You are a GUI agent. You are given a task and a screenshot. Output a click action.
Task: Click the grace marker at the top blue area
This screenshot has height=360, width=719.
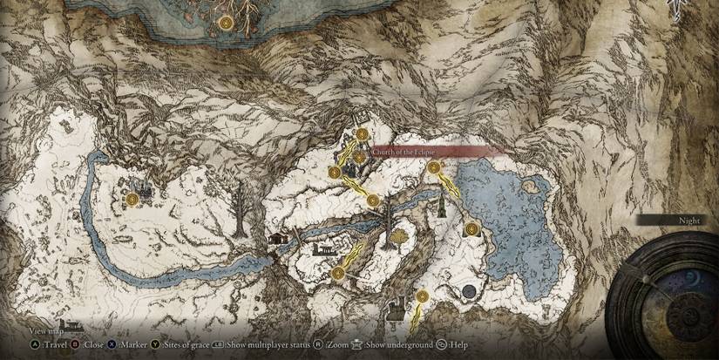point(227,21)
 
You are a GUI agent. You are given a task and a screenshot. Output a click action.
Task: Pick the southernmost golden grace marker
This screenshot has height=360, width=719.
point(422,296)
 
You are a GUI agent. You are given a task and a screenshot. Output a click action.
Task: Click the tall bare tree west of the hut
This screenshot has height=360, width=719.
point(239,209)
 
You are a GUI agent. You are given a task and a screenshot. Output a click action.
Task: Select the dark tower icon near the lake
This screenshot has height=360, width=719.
point(444,206)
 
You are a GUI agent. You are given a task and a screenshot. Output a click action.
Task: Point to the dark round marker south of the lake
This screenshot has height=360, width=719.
point(469,290)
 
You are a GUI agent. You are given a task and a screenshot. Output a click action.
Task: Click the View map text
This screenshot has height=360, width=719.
point(44,331)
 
